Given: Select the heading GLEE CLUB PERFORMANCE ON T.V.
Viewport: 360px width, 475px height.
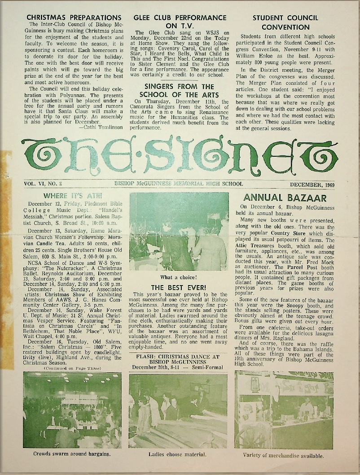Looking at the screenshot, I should click(x=180, y=22).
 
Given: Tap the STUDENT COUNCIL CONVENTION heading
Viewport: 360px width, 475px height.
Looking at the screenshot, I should click(x=285, y=22).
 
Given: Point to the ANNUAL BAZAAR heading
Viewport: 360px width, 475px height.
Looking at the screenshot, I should click(x=285, y=198).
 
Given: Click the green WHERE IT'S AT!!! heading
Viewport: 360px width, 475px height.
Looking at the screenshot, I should click(x=72, y=196).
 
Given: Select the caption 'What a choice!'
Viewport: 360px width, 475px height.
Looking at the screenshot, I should click(x=179, y=277).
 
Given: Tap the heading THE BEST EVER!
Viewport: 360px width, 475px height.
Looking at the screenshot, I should click(x=179, y=287).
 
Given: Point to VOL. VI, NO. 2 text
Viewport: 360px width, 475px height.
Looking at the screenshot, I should click(x=43, y=184).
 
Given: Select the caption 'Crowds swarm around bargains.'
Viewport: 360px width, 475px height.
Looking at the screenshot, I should click(x=72, y=453).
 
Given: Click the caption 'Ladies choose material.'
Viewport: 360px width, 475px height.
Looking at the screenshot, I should click(x=178, y=454).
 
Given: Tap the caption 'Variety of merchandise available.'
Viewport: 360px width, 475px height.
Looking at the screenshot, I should click(x=283, y=455).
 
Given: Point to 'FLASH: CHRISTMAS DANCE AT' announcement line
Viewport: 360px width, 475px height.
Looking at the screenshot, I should click(x=179, y=357).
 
